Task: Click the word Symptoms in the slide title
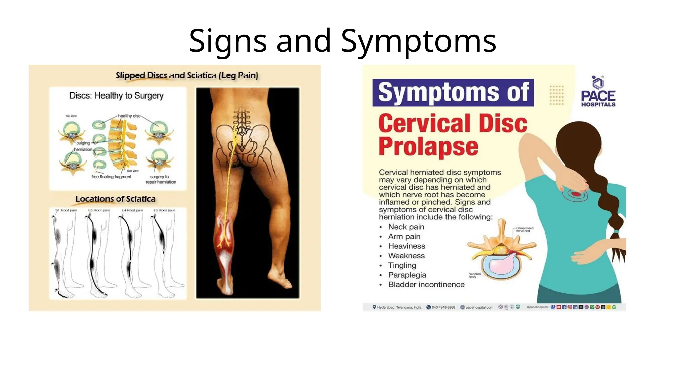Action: pyautogui.click(x=418, y=41)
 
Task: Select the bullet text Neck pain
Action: pyautogui.click(x=406, y=227)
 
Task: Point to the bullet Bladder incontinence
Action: pyautogui.click(x=426, y=285)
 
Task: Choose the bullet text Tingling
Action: pyautogui.click(x=402, y=265)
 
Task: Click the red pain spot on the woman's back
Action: pyautogui.click(x=576, y=194)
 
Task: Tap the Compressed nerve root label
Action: pyautogui.click(x=525, y=229)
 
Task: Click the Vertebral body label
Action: pyautogui.click(x=475, y=275)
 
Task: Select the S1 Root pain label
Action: pyautogui.click(x=66, y=210)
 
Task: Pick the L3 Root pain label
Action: pyautogui.click(x=164, y=210)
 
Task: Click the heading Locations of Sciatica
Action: pyautogui.click(x=116, y=199)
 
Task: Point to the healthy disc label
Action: pyautogui.click(x=129, y=116)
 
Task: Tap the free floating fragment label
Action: pyautogui.click(x=112, y=177)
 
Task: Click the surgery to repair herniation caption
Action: pyautogui.click(x=160, y=179)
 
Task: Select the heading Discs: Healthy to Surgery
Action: pyautogui.click(x=117, y=96)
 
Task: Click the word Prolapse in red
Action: pyautogui.click(x=428, y=146)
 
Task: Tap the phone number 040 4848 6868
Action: pyautogui.click(x=443, y=307)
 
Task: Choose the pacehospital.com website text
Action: pyautogui.click(x=479, y=307)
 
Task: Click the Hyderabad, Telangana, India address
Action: pyautogui.click(x=399, y=307)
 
